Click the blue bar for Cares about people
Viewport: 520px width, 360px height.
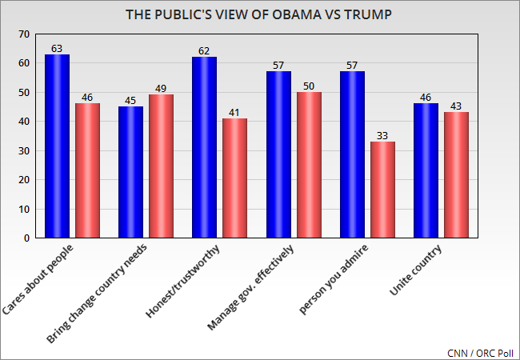pyautogui.click(x=57, y=146)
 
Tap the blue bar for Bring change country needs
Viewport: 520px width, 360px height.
pyautogui.click(x=131, y=173)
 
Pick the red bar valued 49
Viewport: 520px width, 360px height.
pyautogui.click(x=161, y=166)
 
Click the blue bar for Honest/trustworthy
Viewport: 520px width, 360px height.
pyautogui.click(x=205, y=148)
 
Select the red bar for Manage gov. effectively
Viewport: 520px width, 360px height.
pyautogui.click(x=309, y=166)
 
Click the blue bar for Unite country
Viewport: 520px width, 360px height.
pyautogui.click(x=426, y=171)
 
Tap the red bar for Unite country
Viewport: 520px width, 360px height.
pyautogui.click(x=457, y=175)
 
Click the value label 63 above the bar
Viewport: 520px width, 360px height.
pyautogui.click(x=57, y=48)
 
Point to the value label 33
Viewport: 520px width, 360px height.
pyautogui.click(x=382, y=135)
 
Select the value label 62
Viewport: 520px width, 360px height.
pyautogui.click(x=205, y=51)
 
